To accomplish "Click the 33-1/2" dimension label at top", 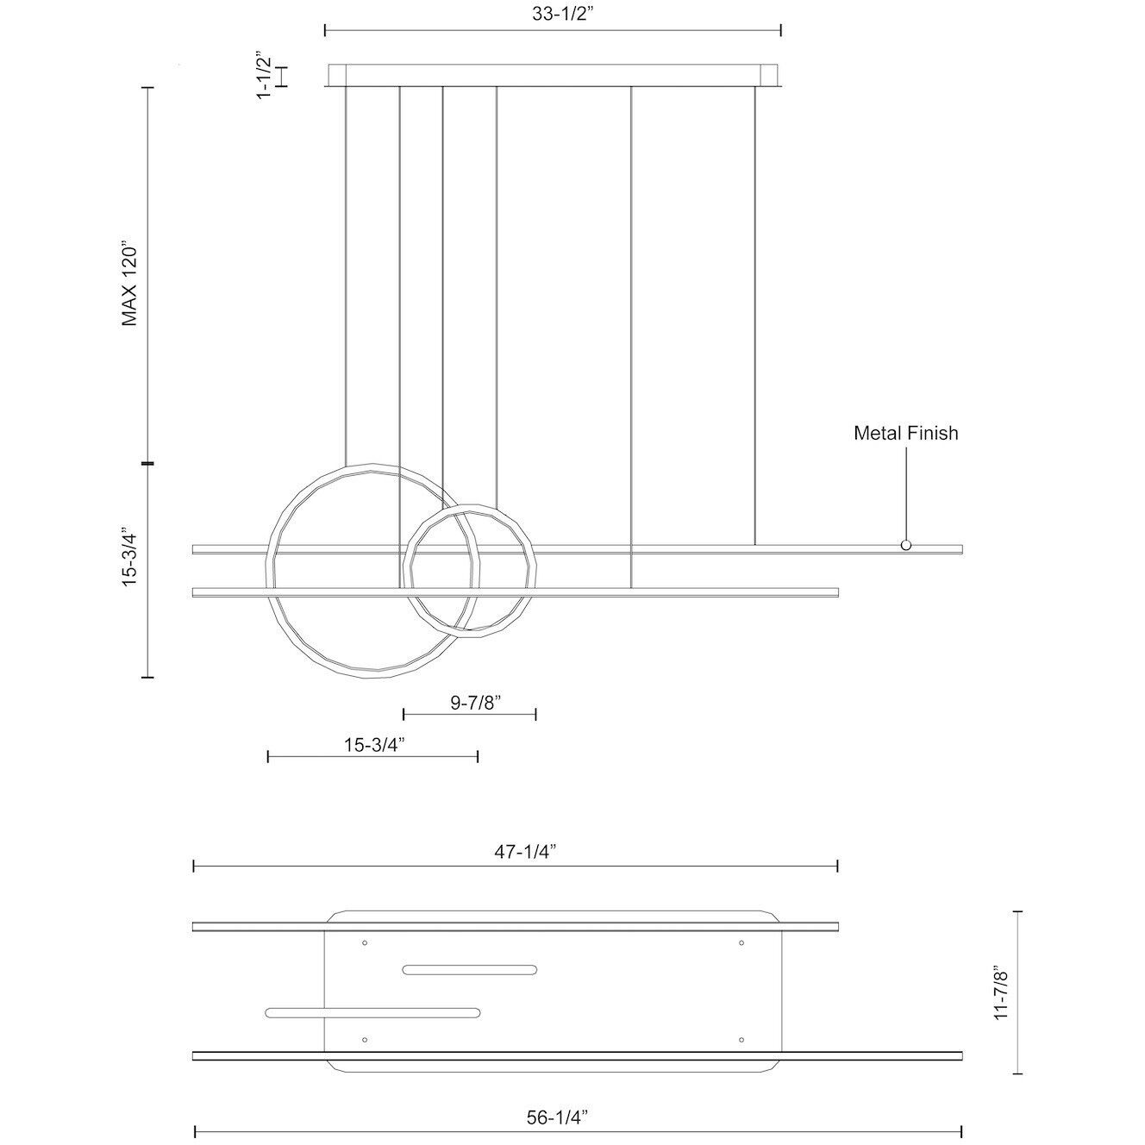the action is coord(563,15).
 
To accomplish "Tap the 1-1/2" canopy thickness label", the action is coord(264,78).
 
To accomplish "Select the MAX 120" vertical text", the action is coord(129,284).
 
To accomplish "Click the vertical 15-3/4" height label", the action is coord(129,557).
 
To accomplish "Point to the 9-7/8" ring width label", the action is coord(476,703).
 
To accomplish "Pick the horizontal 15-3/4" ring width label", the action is coord(374,745).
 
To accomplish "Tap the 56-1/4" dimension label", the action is coord(557,1101).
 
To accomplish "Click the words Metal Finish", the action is coord(905,433).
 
